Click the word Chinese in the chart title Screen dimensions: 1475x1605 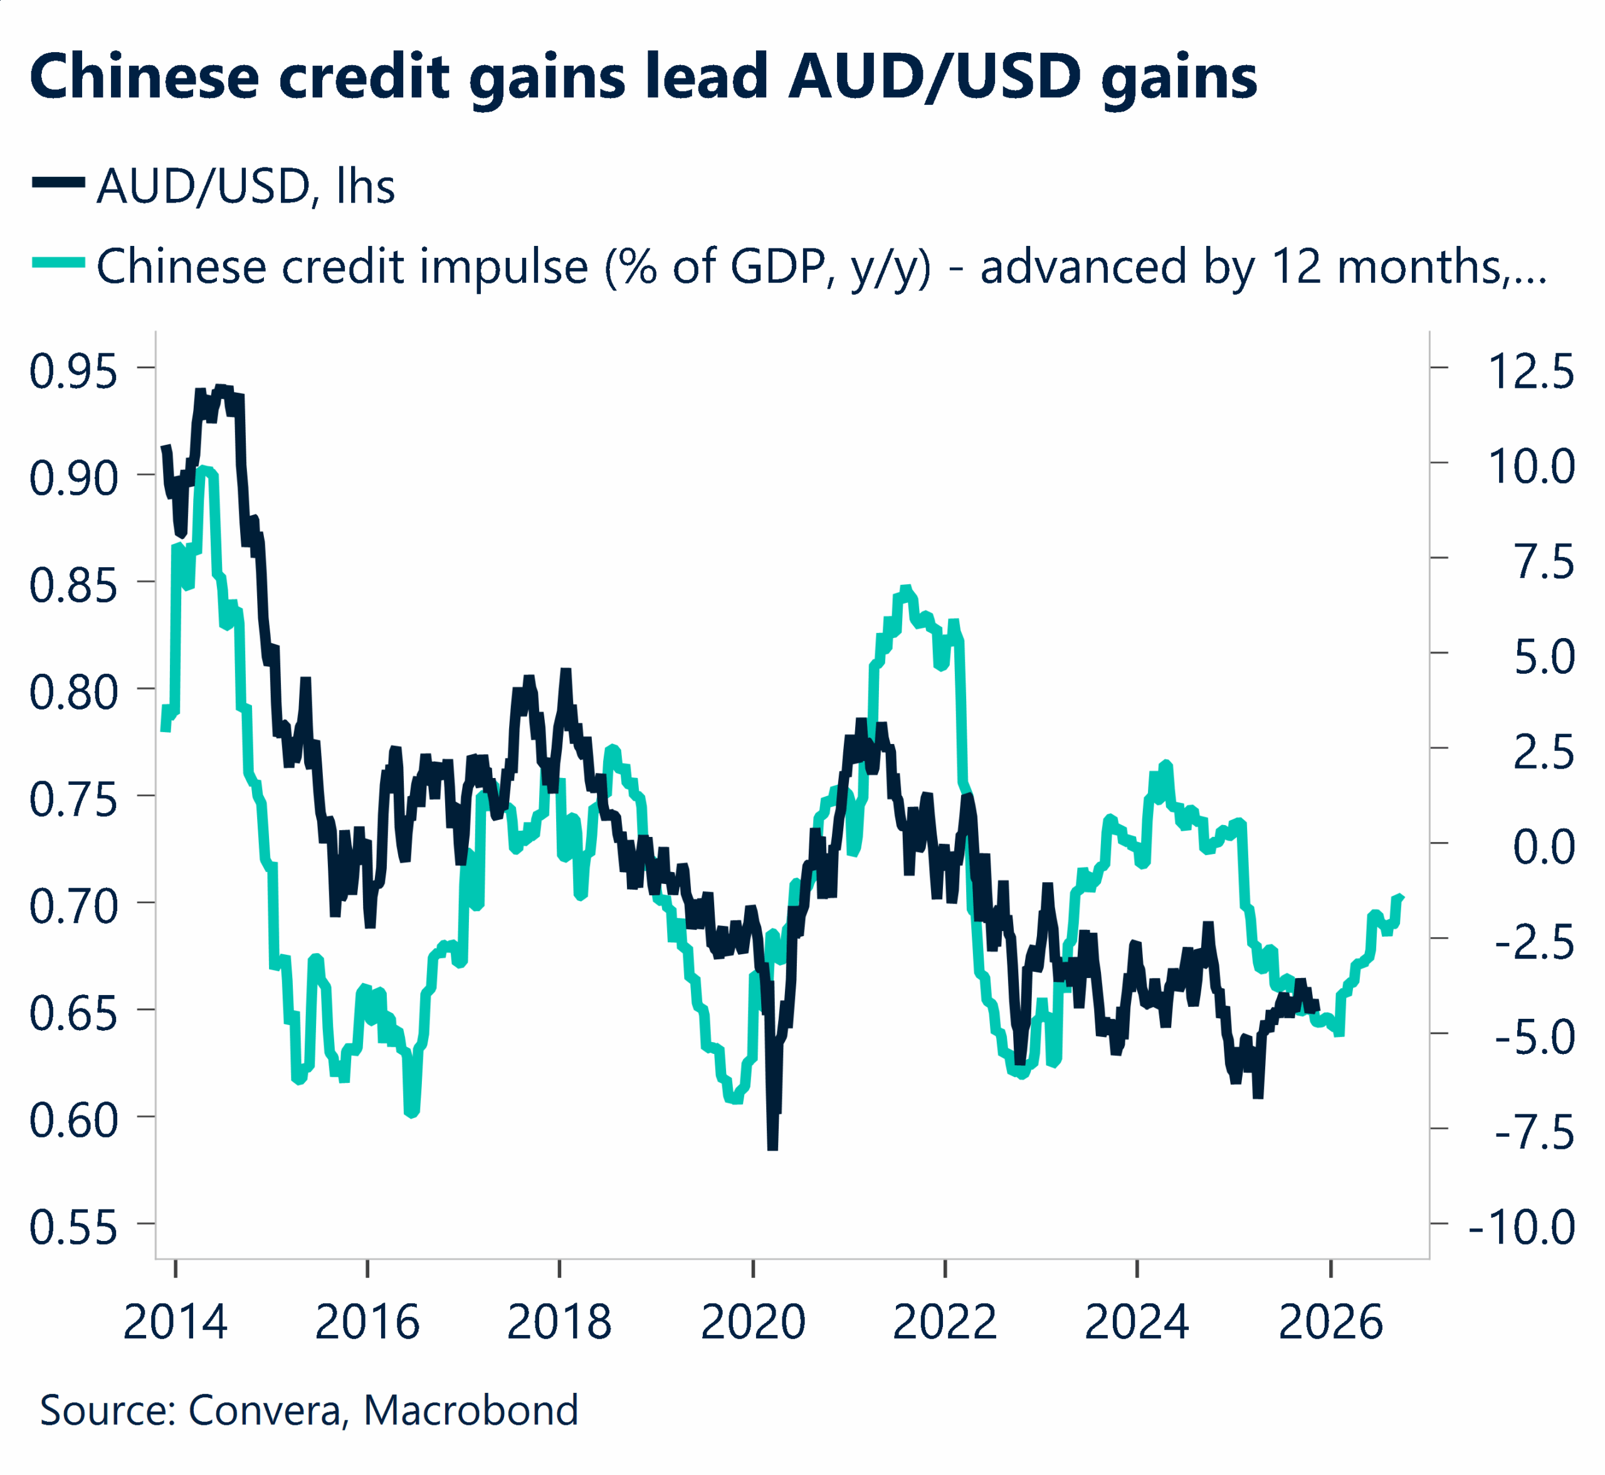pyautogui.click(x=144, y=77)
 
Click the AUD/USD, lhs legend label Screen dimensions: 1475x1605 pyautogui.click(x=245, y=187)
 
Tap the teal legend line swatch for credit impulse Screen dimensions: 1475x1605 pyautogui.click(x=58, y=262)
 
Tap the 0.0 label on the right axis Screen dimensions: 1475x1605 pyautogui.click(x=1544, y=847)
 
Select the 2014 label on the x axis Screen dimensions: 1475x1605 pyautogui.click(x=176, y=1323)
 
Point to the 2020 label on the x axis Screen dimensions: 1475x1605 pyautogui.click(x=752, y=1323)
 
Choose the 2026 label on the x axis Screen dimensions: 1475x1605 pyautogui.click(x=1329, y=1323)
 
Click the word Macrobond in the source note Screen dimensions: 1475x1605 pyautogui.click(x=471, y=1410)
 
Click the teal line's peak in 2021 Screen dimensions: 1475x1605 pyautogui.click(x=905, y=589)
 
